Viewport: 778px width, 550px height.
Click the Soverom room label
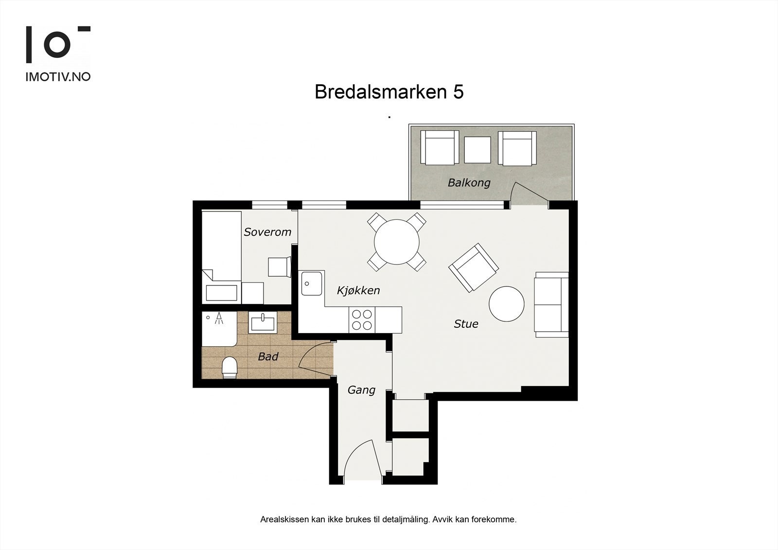pyautogui.click(x=267, y=232)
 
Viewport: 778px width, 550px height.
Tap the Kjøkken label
pyautogui.click(x=358, y=290)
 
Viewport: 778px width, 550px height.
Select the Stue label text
pyautogui.click(x=466, y=324)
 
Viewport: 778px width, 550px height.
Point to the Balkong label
pyautogui.click(x=469, y=183)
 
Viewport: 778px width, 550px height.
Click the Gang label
pyautogui.click(x=361, y=390)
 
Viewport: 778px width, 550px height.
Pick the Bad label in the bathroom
pyautogui.click(x=268, y=356)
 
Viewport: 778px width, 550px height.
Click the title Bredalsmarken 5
pyautogui.click(x=389, y=92)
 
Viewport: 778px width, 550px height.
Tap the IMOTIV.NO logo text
pyautogui.click(x=58, y=77)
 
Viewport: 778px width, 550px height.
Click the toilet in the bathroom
pyautogui.click(x=229, y=368)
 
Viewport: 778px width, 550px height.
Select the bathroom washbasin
pyautogui.click(x=263, y=322)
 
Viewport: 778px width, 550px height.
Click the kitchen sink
pyautogui.click(x=312, y=284)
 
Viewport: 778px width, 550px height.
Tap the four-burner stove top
pyautogui.click(x=362, y=319)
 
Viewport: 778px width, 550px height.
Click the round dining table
pyautogui.click(x=397, y=242)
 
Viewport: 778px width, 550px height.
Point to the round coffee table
pyautogui.click(x=506, y=304)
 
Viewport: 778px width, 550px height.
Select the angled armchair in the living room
pyautogui.click(x=474, y=267)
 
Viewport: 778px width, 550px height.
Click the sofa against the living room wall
pyautogui.click(x=551, y=305)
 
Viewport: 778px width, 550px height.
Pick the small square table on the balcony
pyautogui.click(x=477, y=150)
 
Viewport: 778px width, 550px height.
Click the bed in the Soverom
pyautogui.click(x=222, y=257)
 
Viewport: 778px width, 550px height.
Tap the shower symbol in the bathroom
pyautogui.click(x=219, y=318)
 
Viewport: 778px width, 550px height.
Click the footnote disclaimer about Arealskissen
pyautogui.click(x=389, y=529)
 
